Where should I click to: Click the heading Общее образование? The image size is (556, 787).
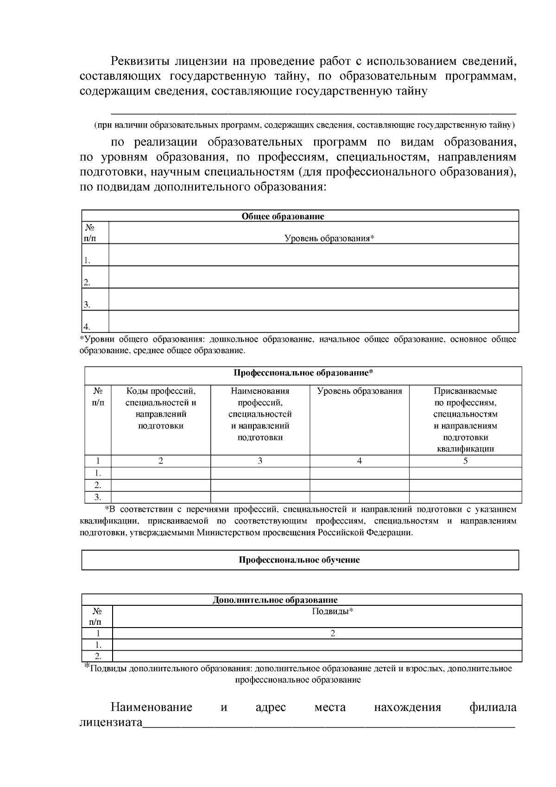pyautogui.click(x=283, y=216)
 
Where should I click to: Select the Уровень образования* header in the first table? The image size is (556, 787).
pyautogui.click(x=329, y=238)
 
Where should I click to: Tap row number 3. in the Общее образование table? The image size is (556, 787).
pyautogui.click(x=87, y=305)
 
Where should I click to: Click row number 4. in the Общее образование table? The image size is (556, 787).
pyautogui.click(x=87, y=327)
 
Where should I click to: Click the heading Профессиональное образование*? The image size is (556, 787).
pyautogui.click(x=303, y=373)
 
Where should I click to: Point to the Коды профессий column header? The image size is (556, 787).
pyautogui.click(x=161, y=408)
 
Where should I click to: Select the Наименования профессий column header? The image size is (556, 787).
pyautogui.click(x=260, y=414)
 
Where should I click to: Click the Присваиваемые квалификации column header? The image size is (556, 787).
pyautogui.click(x=465, y=419)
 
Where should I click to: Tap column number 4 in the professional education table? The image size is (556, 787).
pyautogui.click(x=359, y=461)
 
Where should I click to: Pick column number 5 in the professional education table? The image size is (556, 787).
pyautogui.click(x=465, y=461)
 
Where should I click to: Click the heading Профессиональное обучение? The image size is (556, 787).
pyautogui.click(x=299, y=560)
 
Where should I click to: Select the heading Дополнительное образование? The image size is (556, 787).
pyautogui.click(x=275, y=600)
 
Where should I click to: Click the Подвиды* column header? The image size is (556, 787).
pyautogui.click(x=332, y=611)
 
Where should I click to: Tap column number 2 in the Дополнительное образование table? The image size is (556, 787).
pyautogui.click(x=332, y=634)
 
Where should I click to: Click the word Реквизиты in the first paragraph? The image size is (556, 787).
pyautogui.click(x=139, y=61)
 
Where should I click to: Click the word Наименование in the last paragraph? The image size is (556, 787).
pyautogui.click(x=151, y=707)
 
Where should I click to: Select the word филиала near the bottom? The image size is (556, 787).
pyautogui.click(x=493, y=707)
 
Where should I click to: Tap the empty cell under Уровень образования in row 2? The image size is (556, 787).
pyautogui.click(x=359, y=485)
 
